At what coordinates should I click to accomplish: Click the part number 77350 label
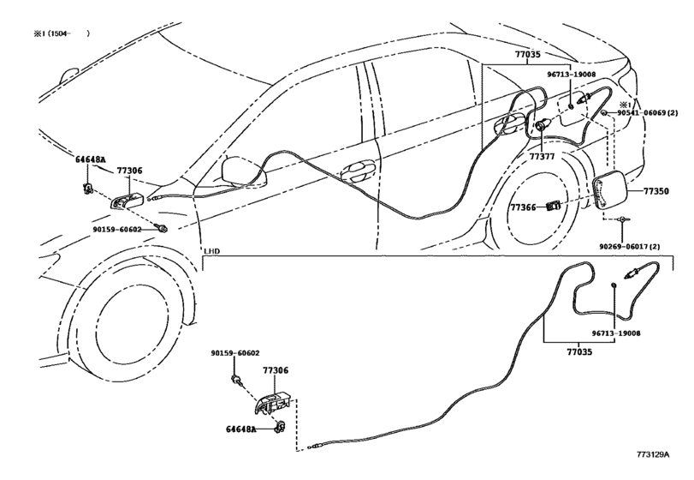tap(656, 191)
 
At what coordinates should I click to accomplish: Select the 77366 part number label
tap(524, 207)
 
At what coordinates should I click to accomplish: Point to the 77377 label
tap(543, 157)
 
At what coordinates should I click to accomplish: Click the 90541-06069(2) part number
tap(647, 113)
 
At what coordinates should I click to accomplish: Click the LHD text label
tap(211, 251)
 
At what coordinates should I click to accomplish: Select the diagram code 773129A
tap(653, 454)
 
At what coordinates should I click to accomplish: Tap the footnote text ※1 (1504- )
tap(62, 33)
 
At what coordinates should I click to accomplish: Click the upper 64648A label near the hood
tap(91, 160)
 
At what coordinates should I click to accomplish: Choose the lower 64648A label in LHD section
tap(241, 429)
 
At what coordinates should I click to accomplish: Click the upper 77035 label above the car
tap(527, 55)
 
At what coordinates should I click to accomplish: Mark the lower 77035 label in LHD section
tap(579, 352)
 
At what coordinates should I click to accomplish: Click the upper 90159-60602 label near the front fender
tap(117, 230)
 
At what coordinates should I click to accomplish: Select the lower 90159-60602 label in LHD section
tap(235, 353)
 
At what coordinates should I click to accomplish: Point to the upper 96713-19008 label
tap(572, 75)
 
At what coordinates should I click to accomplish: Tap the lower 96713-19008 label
tap(615, 333)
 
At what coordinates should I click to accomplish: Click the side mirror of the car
tap(243, 171)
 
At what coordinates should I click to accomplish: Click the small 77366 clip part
tap(554, 205)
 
